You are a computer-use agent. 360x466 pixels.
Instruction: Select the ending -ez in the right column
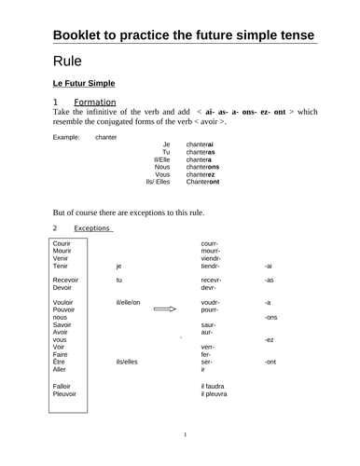coord(269,340)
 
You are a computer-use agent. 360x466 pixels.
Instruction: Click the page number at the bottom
coord(185,434)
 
